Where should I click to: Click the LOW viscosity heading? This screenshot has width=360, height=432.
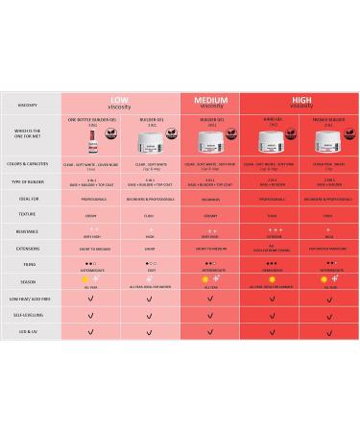point(120,102)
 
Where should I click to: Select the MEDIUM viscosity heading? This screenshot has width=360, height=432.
point(209,102)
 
